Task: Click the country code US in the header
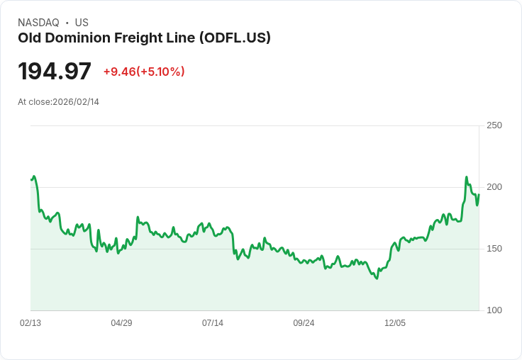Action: [82, 23]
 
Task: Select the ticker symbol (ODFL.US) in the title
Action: [235, 38]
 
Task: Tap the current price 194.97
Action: [55, 72]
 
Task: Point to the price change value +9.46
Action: [119, 72]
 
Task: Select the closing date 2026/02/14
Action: [76, 102]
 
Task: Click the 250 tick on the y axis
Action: [494, 125]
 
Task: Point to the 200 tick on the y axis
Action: [494, 187]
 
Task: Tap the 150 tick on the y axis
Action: [494, 249]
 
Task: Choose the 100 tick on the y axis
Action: [494, 310]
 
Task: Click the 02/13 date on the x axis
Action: [30, 323]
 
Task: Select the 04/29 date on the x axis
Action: [121, 323]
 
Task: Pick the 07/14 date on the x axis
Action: [213, 323]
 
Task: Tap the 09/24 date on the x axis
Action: [304, 323]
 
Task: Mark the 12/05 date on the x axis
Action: [395, 323]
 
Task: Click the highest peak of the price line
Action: [467, 177]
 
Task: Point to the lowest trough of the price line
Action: [377, 279]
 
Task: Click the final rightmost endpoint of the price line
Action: [479, 194]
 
